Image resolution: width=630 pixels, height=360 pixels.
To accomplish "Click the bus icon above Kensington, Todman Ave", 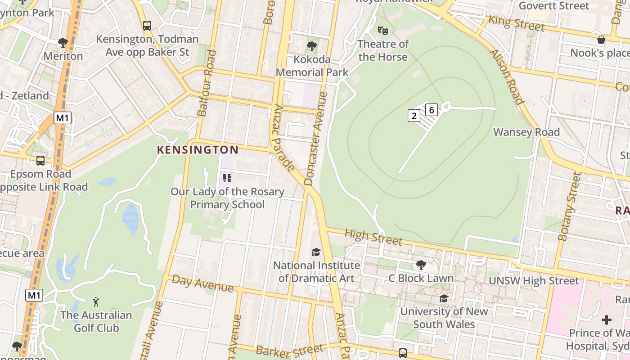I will click(x=147, y=26).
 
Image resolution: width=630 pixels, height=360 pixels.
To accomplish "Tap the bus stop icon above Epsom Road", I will click(x=40, y=161).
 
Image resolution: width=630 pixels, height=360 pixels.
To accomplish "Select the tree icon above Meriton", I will click(x=63, y=43).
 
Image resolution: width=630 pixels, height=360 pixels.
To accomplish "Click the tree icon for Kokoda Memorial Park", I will click(x=311, y=46).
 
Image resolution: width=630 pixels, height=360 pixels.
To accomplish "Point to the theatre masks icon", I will click(x=382, y=31).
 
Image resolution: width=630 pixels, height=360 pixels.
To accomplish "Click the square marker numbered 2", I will click(x=414, y=116).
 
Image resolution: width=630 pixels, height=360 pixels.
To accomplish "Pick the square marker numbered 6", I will click(x=431, y=109).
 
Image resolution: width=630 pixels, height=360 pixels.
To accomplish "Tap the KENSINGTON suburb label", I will click(x=198, y=150).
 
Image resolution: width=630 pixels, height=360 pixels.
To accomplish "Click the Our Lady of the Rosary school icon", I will click(x=227, y=178).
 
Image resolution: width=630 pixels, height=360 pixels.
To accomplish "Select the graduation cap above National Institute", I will click(x=316, y=252).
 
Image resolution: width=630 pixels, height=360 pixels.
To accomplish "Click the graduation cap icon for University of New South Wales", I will click(x=444, y=298).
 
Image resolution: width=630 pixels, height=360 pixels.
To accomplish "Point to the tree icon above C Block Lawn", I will click(x=421, y=265).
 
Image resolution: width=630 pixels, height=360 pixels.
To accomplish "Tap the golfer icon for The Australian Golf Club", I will click(x=96, y=301).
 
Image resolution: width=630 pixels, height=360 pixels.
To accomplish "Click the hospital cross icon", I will click(x=607, y=320).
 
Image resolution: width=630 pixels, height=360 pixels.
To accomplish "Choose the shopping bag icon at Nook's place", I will click(x=601, y=40).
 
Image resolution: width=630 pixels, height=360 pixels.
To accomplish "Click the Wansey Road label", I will click(x=526, y=132).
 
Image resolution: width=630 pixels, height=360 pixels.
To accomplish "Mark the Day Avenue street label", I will click(x=203, y=284).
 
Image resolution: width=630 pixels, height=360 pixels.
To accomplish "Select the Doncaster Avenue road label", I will click(x=315, y=139).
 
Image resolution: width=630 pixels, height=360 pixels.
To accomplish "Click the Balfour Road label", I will click(x=207, y=83).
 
